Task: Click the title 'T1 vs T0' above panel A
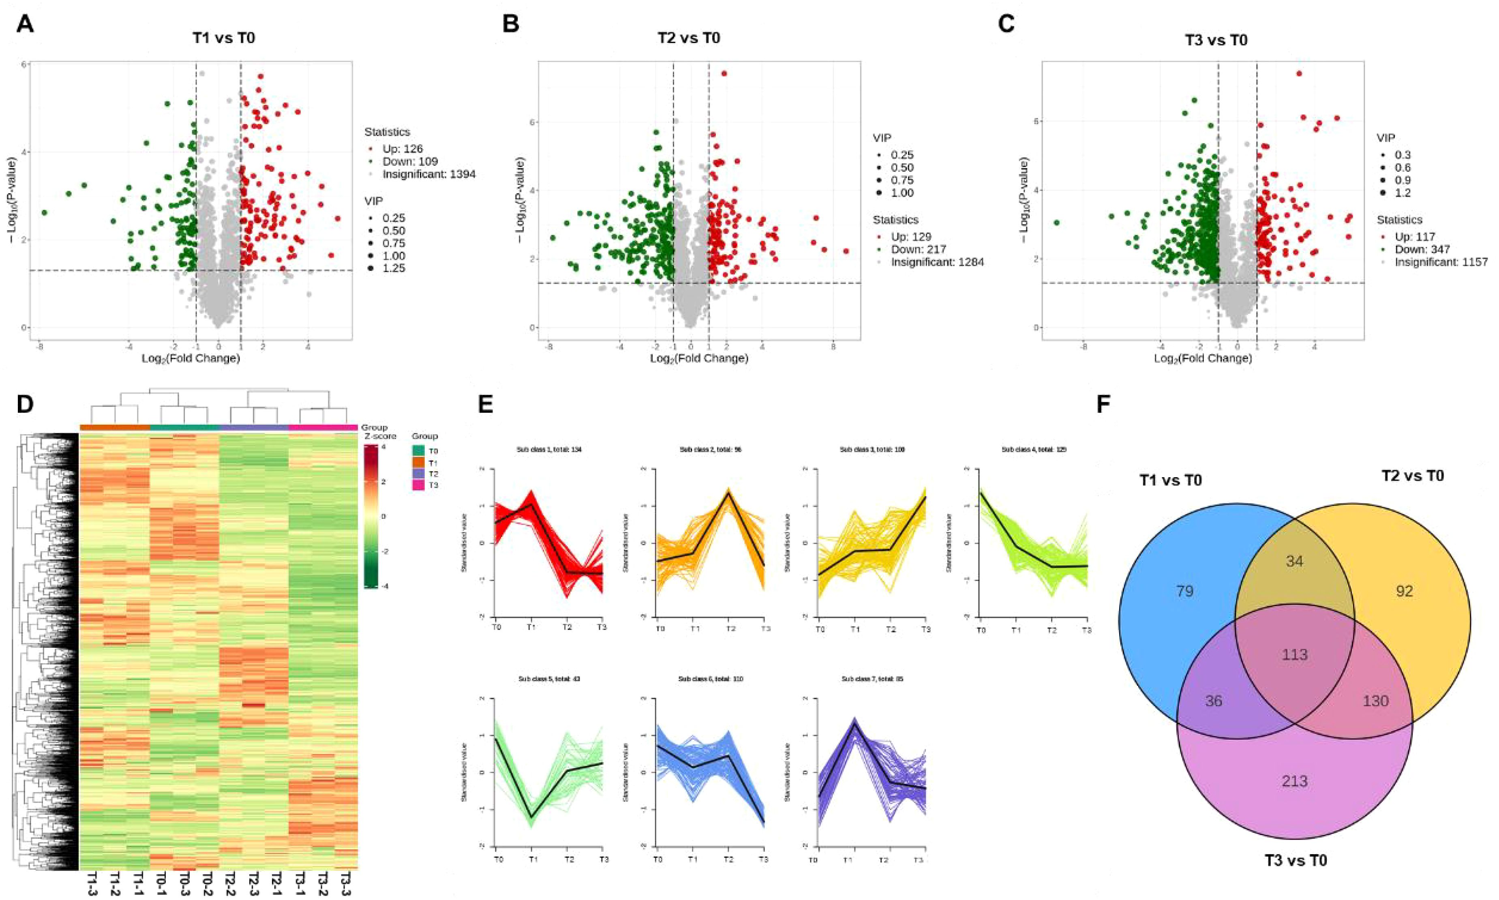click(223, 38)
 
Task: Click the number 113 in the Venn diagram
click(1295, 655)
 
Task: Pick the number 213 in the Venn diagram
click(1295, 781)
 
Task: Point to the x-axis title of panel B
click(698, 358)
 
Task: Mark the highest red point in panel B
click(724, 73)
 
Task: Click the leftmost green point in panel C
click(1056, 223)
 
